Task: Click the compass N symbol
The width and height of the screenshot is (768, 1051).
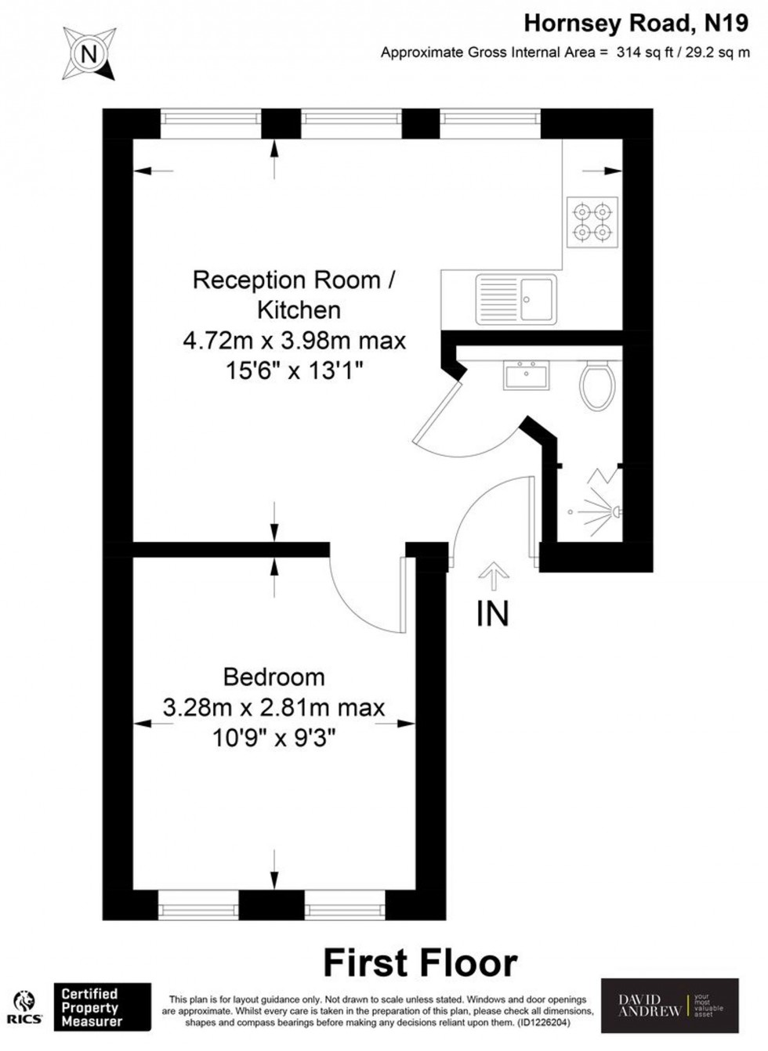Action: coord(89,53)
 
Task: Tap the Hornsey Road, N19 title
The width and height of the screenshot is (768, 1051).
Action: coord(636,23)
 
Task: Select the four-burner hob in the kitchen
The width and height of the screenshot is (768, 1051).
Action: coord(592,222)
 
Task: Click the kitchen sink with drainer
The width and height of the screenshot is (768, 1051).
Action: coord(516,299)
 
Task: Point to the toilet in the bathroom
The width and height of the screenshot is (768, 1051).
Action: coord(597,385)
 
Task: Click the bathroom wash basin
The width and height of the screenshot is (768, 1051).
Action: coord(527,375)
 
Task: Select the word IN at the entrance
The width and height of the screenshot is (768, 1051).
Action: coord(492,614)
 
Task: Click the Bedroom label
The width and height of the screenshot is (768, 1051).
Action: coord(274,677)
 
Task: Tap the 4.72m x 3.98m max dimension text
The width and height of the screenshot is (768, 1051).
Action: coord(295,341)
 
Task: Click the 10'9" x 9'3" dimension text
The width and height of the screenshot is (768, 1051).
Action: coord(274,738)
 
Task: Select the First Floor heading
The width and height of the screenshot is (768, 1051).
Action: coord(420,963)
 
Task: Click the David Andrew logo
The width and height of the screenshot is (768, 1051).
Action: coord(669,1006)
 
